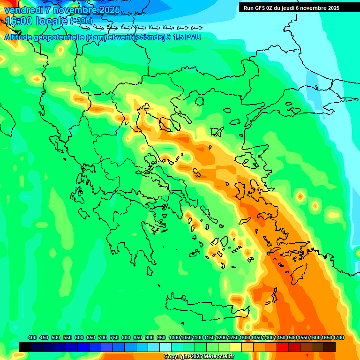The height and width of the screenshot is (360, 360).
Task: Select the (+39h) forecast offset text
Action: (x=81, y=21)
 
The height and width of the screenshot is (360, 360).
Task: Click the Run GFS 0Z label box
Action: (x=291, y=7)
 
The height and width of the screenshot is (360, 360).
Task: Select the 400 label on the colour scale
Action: (x=32, y=337)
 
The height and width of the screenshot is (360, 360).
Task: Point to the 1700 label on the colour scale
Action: (x=338, y=337)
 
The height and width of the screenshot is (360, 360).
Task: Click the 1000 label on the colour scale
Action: (x=174, y=337)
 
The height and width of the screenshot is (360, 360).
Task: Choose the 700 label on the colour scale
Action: (x=102, y=337)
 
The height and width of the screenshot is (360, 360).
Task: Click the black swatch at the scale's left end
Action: (x=25, y=347)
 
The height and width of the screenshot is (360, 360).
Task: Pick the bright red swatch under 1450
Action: (x=283, y=347)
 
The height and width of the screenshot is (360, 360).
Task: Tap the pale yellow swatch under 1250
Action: (x=236, y=347)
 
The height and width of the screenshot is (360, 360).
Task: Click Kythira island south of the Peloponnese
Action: (x=150, y=271)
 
